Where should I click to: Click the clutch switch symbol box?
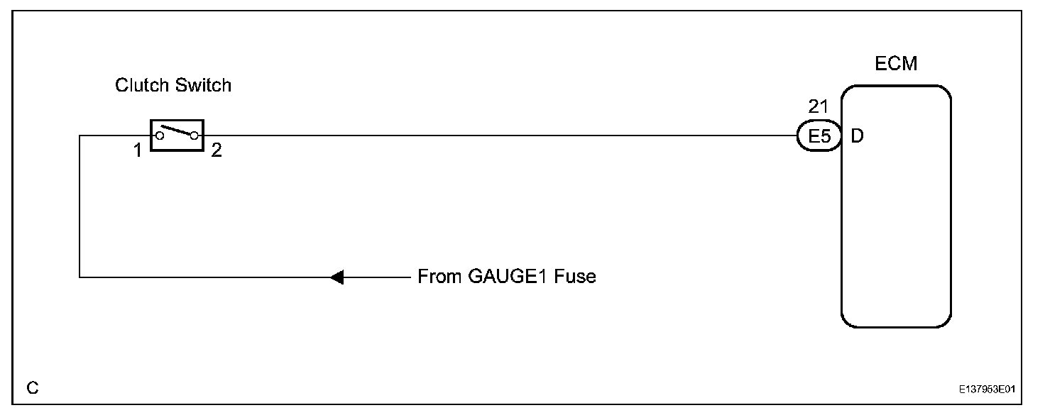177,135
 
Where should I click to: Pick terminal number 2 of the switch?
217,150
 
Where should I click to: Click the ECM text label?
896,64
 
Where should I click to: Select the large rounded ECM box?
896,227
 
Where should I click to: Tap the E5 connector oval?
819,136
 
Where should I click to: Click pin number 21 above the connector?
819,107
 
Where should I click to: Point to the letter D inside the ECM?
857,136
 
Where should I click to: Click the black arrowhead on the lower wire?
337,277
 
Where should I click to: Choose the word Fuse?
576,277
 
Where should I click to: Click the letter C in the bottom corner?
33,388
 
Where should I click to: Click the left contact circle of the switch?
160,135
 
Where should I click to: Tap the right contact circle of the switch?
193,136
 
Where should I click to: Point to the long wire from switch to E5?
497,136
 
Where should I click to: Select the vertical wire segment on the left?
80,206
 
